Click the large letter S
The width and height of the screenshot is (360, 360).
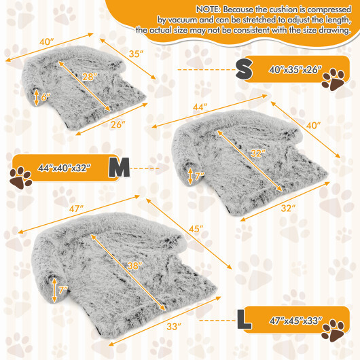pyautogui.click(x=245, y=68)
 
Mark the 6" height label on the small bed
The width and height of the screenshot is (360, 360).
pyautogui.click(x=46, y=98)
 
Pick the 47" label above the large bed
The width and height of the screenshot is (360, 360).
pyautogui.click(x=75, y=208)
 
